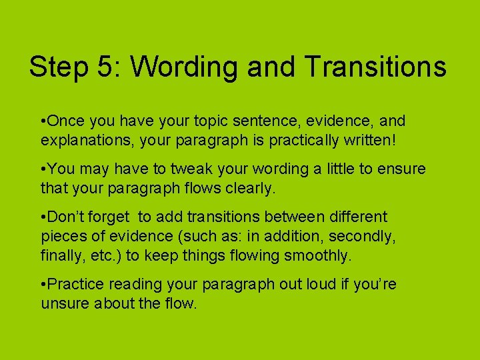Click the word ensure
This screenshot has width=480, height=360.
399,169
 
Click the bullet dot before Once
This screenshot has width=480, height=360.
43,121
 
